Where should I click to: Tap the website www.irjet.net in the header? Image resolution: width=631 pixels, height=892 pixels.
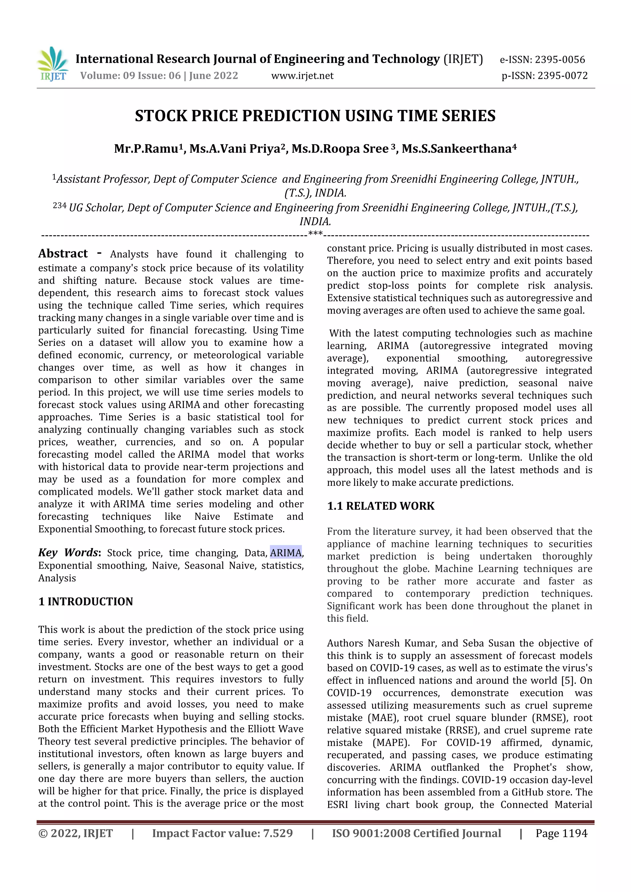(302, 75)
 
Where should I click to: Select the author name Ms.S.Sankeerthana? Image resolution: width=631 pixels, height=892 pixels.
(457, 149)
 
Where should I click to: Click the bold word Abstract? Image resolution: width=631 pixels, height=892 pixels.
(63, 254)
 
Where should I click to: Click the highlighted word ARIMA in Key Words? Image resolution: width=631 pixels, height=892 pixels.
(286, 552)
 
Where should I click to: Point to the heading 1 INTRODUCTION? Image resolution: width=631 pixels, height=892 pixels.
(86, 601)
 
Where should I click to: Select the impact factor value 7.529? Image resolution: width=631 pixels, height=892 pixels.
(278, 833)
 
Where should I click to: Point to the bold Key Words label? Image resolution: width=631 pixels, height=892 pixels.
(69, 552)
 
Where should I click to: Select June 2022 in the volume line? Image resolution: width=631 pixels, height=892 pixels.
(214, 75)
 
